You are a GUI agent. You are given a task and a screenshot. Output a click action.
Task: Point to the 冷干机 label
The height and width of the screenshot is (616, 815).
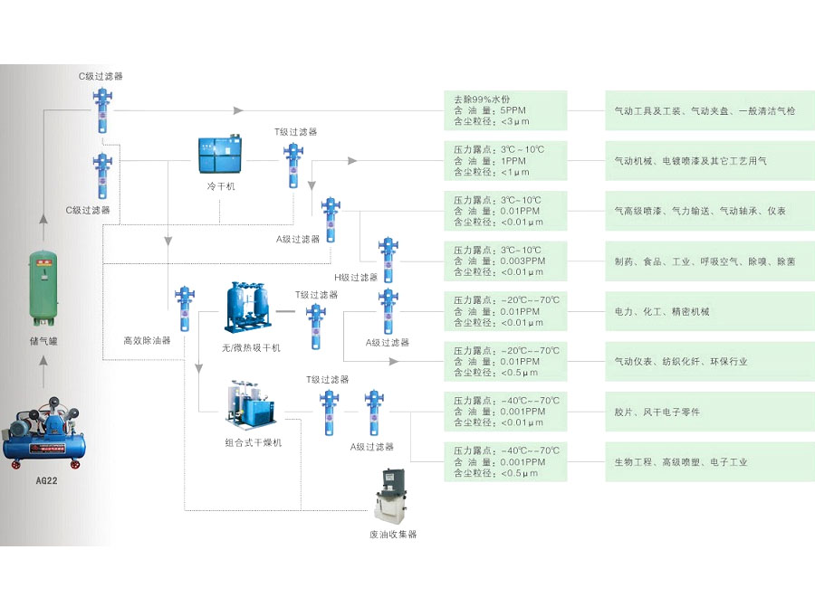[220, 186]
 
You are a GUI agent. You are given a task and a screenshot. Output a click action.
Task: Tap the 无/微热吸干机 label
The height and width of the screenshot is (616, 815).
[251, 347]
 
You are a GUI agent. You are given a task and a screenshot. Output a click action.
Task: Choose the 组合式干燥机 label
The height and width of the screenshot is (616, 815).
[254, 443]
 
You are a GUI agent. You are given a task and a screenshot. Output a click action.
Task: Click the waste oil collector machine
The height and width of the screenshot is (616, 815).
[393, 495]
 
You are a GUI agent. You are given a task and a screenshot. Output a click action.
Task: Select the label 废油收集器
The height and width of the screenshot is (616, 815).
[393, 535]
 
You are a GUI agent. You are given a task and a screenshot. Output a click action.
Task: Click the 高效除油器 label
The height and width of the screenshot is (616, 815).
[147, 341]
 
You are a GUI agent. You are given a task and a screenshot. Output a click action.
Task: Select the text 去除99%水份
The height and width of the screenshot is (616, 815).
[484, 99]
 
